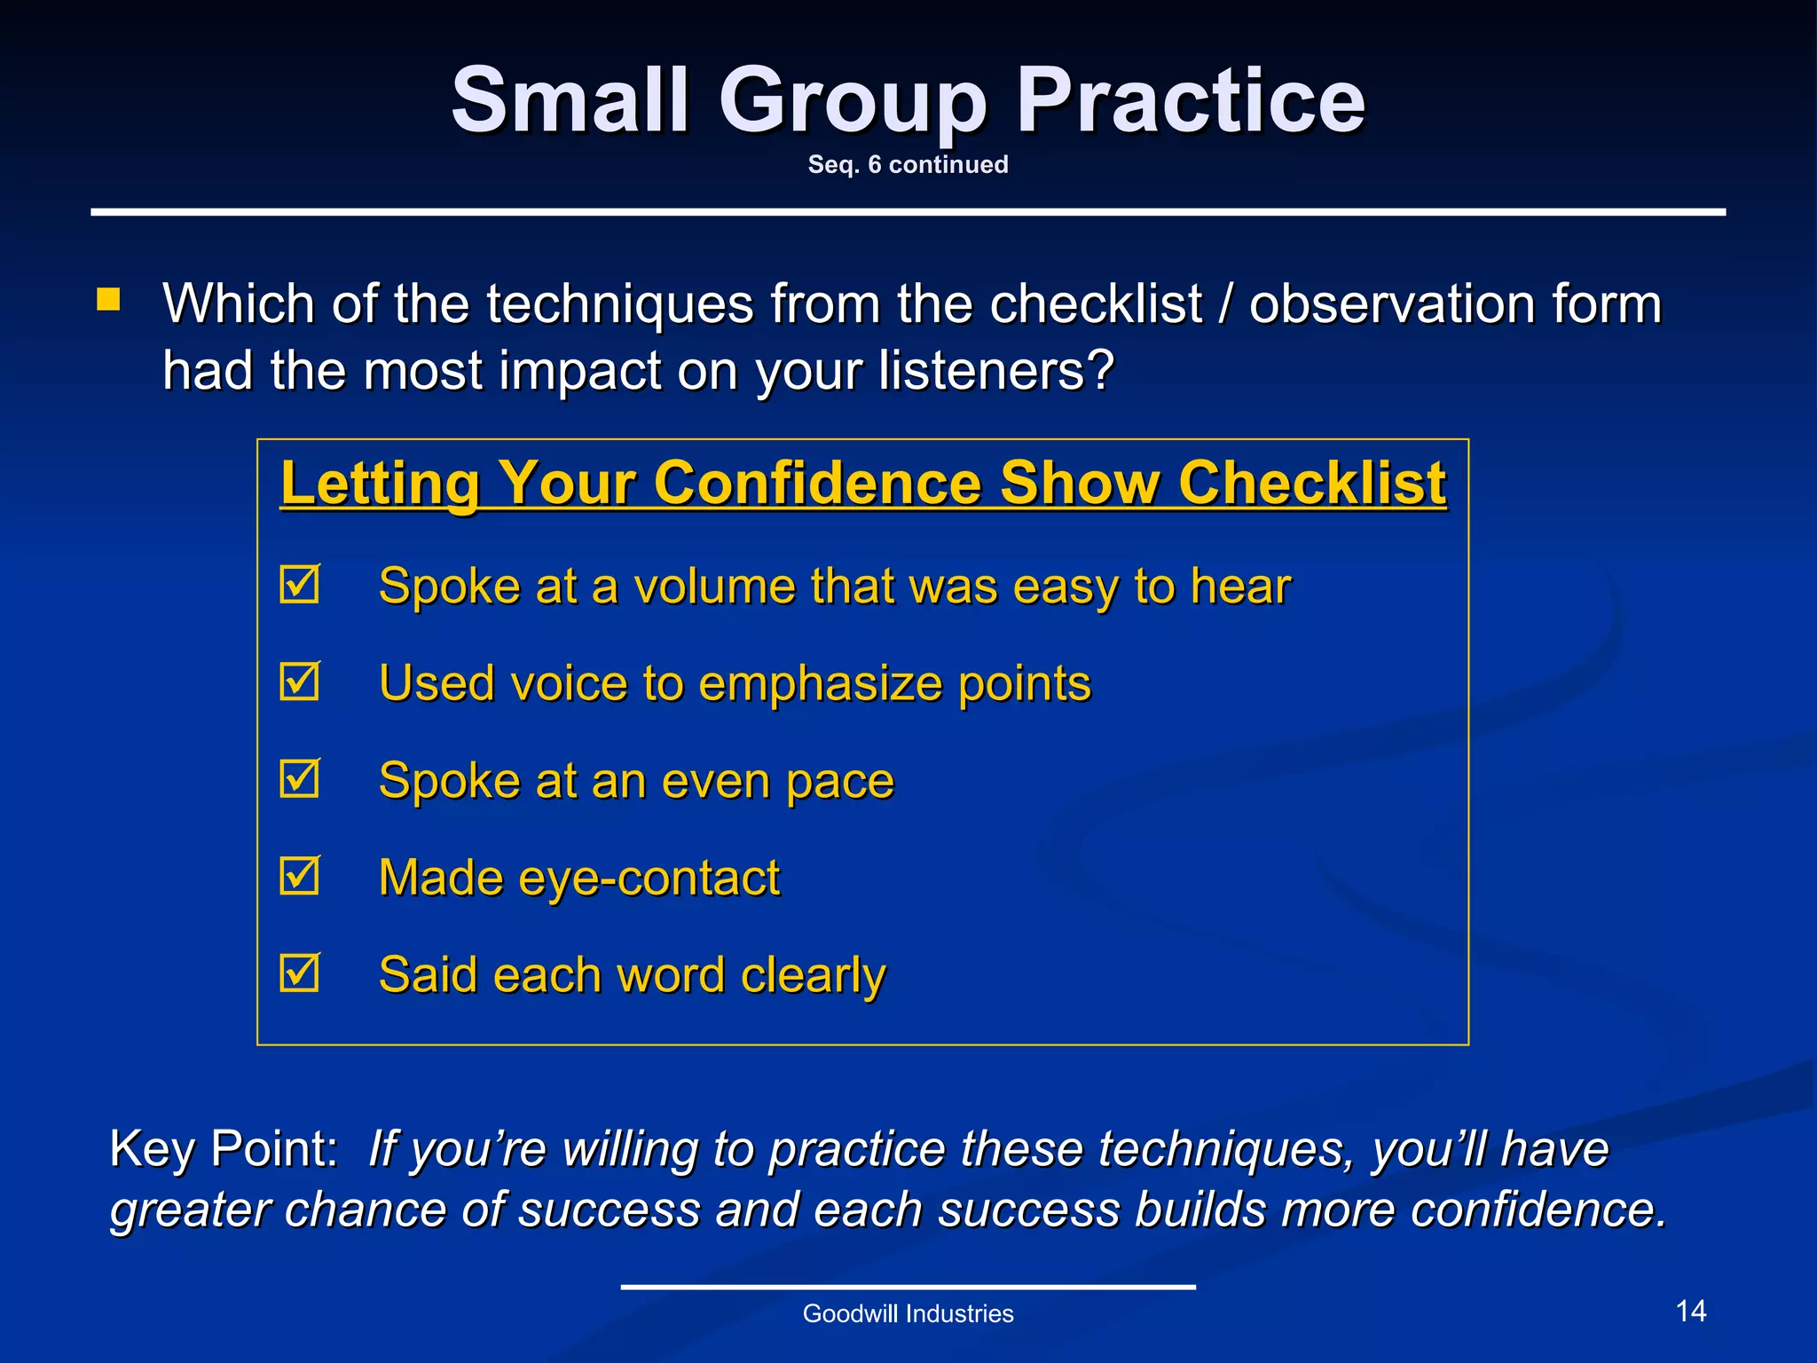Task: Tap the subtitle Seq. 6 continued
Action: pyautogui.click(x=908, y=165)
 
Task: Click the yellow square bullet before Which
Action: pyautogui.click(x=108, y=299)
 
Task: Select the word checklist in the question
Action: pyautogui.click(x=1095, y=304)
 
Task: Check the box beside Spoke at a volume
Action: pyautogui.click(x=299, y=586)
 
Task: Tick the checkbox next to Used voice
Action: pyautogui.click(x=299, y=682)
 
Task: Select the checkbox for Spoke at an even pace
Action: pyautogui.click(x=299, y=780)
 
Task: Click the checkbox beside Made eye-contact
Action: pyautogui.click(x=299, y=877)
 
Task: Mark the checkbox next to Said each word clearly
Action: pyautogui.click(x=299, y=973)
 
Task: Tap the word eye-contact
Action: pyautogui.click(x=649, y=878)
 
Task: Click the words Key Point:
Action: pyautogui.click(x=224, y=1149)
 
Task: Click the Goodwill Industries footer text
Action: pyautogui.click(x=908, y=1314)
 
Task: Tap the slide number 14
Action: pyautogui.click(x=1690, y=1312)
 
